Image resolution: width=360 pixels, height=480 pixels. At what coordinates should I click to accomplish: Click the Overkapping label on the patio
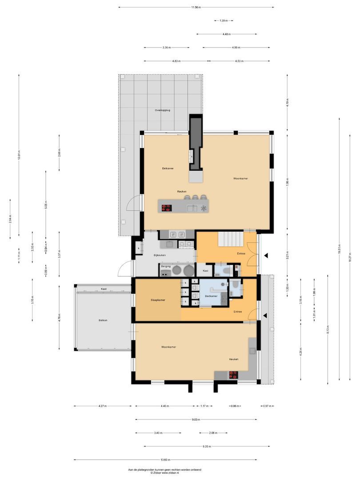tap(162, 110)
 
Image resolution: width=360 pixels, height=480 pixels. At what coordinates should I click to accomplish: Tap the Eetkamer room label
tap(168, 168)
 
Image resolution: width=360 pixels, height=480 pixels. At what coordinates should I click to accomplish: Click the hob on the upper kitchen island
tap(167, 207)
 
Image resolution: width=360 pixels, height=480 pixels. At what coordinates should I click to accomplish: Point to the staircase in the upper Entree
tap(230, 240)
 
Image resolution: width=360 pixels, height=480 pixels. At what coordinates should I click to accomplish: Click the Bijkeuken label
tap(160, 255)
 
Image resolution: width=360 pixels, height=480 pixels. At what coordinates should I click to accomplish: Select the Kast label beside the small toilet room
tap(205, 270)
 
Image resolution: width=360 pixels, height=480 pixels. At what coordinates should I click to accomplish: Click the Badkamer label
tap(211, 296)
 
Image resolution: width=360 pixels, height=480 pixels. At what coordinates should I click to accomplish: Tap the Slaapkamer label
tap(157, 300)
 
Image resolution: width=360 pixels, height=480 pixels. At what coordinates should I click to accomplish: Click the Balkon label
tap(104, 320)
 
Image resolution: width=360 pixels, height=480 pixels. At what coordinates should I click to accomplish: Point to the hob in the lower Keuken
tap(233, 376)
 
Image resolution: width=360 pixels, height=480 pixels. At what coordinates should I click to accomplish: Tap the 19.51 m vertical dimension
tap(339, 248)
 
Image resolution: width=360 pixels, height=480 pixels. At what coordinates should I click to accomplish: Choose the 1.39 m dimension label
tap(224, 20)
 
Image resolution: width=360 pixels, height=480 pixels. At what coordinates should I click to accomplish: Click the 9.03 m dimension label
tap(196, 419)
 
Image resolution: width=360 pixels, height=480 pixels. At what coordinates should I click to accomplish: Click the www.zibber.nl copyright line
tap(165, 473)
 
